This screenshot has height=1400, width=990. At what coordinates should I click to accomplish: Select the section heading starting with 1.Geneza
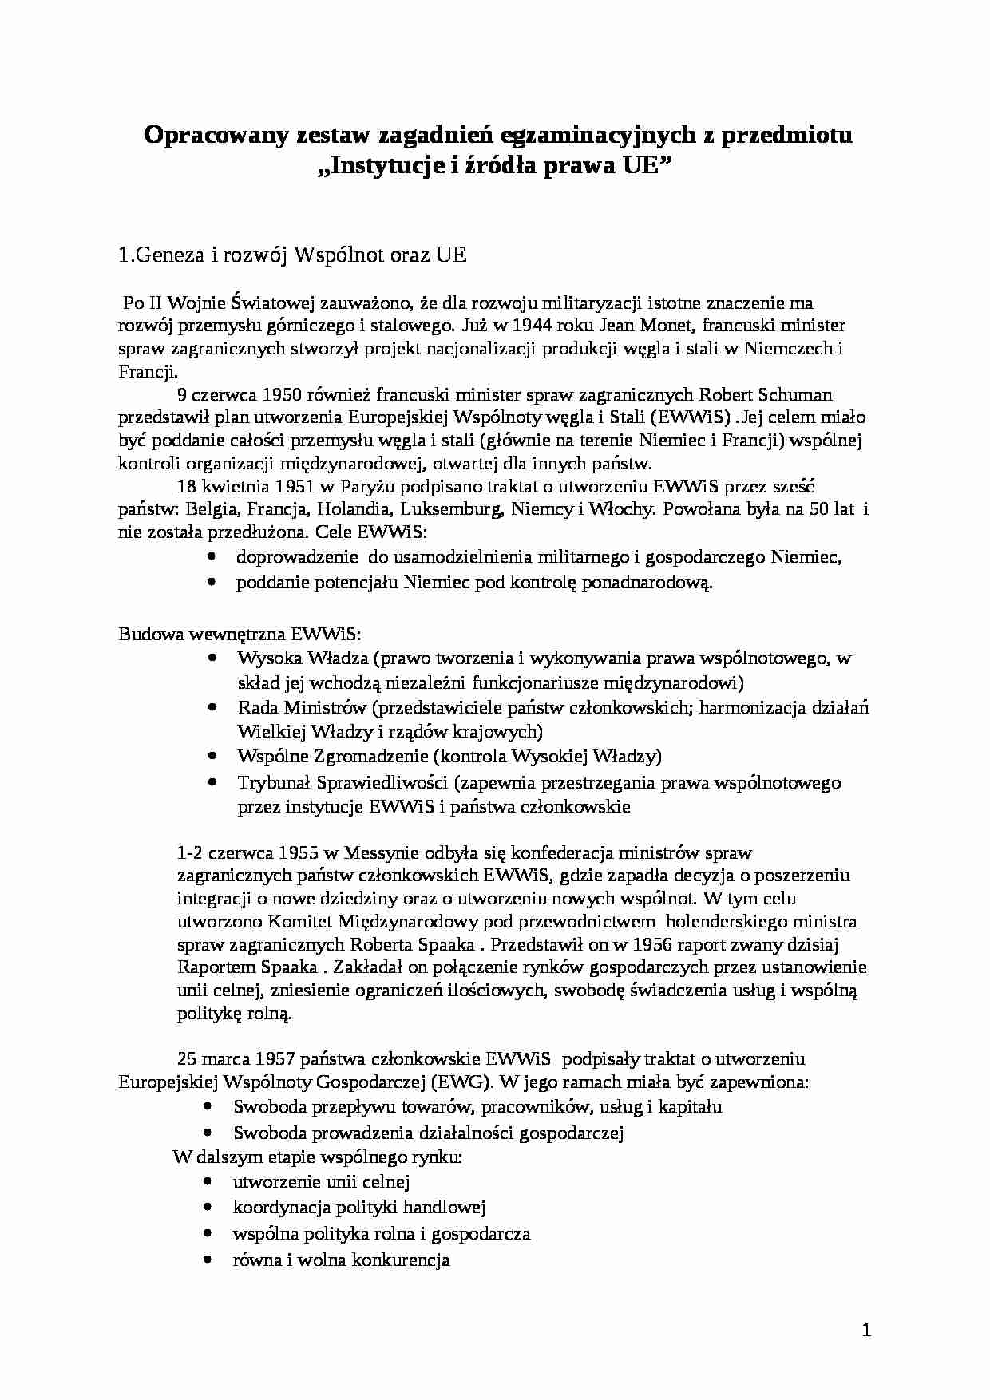point(291,256)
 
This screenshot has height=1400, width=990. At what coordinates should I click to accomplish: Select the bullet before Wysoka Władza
point(212,658)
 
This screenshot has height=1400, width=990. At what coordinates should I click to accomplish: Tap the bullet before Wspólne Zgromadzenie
point(212,756)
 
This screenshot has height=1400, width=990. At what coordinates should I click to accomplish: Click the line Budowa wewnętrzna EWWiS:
point(240,634)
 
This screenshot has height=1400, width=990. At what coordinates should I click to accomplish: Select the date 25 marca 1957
point(236,1059)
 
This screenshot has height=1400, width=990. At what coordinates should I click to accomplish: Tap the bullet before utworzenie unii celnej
point(208,1181)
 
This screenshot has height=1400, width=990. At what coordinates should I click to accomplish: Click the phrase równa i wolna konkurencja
point(341,1260)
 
